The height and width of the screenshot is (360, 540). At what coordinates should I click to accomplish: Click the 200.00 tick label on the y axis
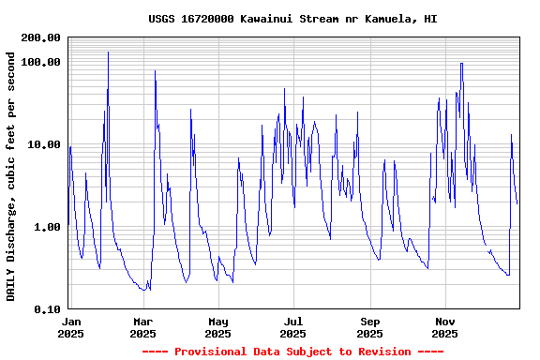(41, 37)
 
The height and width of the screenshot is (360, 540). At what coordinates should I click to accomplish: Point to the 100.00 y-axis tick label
(41, 62)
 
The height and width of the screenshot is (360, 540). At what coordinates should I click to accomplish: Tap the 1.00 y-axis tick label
(48, 227)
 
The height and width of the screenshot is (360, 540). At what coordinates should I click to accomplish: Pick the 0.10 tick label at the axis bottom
(48, 309)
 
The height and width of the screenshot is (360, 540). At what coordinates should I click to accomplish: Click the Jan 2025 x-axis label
(70, 327)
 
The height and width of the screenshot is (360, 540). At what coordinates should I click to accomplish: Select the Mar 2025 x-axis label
(142, 327)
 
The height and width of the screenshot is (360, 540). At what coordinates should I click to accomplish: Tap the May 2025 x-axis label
(217, 327)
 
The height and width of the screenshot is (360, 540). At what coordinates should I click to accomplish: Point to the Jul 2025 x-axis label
(292, 327)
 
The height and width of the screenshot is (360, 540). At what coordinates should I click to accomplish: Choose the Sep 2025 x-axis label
(369, 327)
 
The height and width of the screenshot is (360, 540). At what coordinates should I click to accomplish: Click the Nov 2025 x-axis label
(444, 327)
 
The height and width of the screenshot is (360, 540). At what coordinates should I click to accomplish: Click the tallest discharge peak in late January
(108, 52)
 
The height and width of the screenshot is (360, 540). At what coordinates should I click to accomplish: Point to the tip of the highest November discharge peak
(461, 63)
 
